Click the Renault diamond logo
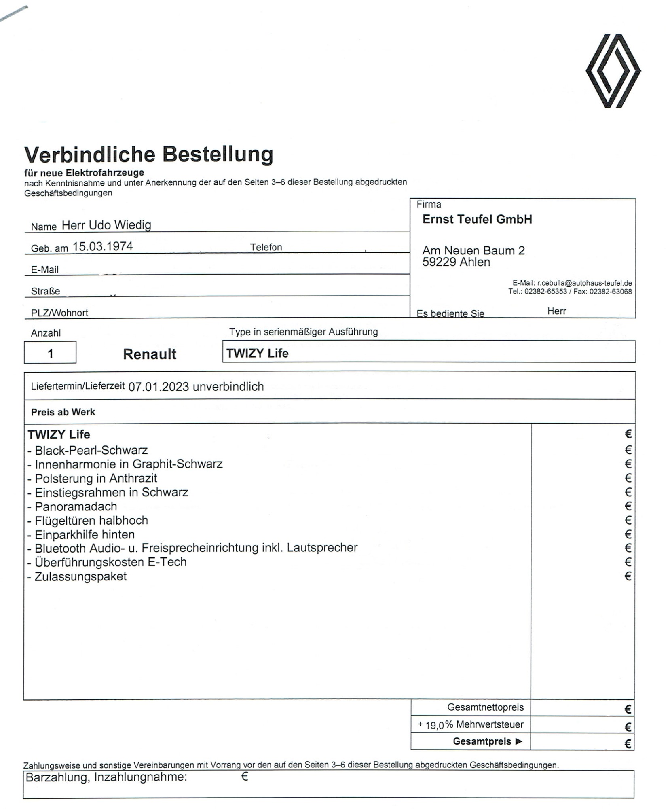point(613,71)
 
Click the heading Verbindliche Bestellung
point(149,155)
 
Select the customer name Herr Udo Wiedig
point(106,225)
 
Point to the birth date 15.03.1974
point(102,246)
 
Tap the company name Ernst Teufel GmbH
point(477,219)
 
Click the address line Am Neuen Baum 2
point(473,250)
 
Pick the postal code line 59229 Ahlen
point(456,262)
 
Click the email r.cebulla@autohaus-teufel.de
point(584,283)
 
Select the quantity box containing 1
point(50,353)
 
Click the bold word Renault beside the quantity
point(150,354)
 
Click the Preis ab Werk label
point(63,412)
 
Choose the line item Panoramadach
point(76,506)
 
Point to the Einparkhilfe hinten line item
point(85,534)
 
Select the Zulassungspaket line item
point(80,576)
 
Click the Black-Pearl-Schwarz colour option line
point(91,450)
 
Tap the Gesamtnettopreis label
point(485,707)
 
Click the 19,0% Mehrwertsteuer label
point(474,724)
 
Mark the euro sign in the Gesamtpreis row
point(628,743)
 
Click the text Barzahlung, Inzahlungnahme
point(106,777)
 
